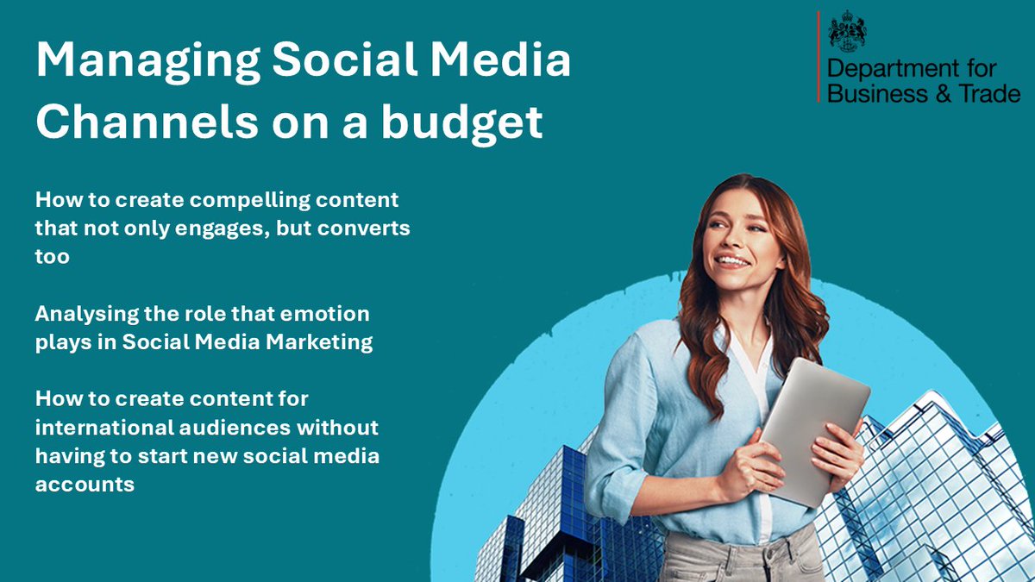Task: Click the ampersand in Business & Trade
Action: pos(938,93)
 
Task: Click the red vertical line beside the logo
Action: pos(818,57)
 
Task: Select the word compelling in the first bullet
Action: pos(239,200)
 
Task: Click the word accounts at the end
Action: pos(85,484)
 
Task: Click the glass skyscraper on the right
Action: pos(931,491)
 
